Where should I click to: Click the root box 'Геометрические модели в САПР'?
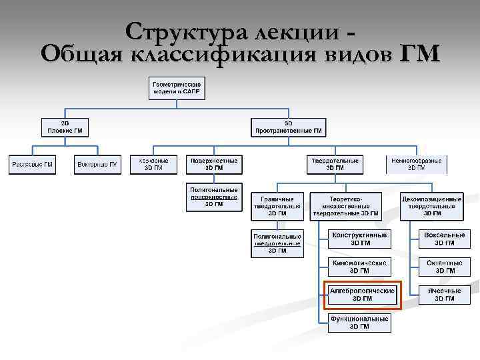pyautogui.click(x=177, y=88)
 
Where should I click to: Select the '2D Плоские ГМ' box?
pyautogui.click(x=65, y=127)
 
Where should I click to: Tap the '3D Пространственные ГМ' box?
pyautogui.click(x=288, y=127)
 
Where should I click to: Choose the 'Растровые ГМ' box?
pyautogui.click(x=32, y=165)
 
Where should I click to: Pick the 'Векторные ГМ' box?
pyautogui.click(x=97, y=165)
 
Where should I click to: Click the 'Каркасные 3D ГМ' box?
pyautogui.click(x=153, y=165)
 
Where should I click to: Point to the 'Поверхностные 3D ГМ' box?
pyautogui.click(x=213, y=165)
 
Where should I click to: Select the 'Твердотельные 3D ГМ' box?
pyautogui.click(x=335, y=165)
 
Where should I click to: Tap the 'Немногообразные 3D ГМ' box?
pyautogui.click(x=417, y=165)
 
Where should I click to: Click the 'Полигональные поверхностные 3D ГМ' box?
pyautogui.click(x=213, y=197)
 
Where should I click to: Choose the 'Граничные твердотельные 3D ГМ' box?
pyautogui.click(x=277, y=206)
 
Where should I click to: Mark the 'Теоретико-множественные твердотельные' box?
pyautogui.click(x=346, y=206)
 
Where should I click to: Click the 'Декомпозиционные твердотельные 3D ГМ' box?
pyautogui.click(x=431, y=206)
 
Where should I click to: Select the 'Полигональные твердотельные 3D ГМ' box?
pyautogui.click(x=277, y=243)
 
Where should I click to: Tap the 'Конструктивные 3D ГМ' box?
pyautogui.click(x=359, y=239)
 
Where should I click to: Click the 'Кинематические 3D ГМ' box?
pyautogui.click(x=359, y=267)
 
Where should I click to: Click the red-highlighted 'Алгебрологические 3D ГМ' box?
pyautogui.click(x=363, y=295)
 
